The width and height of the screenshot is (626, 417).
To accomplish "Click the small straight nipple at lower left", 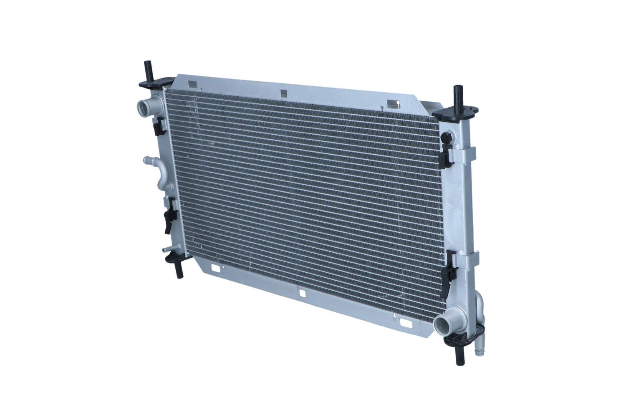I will point(167,250).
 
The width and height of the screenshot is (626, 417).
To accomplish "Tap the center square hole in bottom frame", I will point(302,294).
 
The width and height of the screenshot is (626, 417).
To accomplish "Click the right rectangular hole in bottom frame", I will point(405,323).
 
